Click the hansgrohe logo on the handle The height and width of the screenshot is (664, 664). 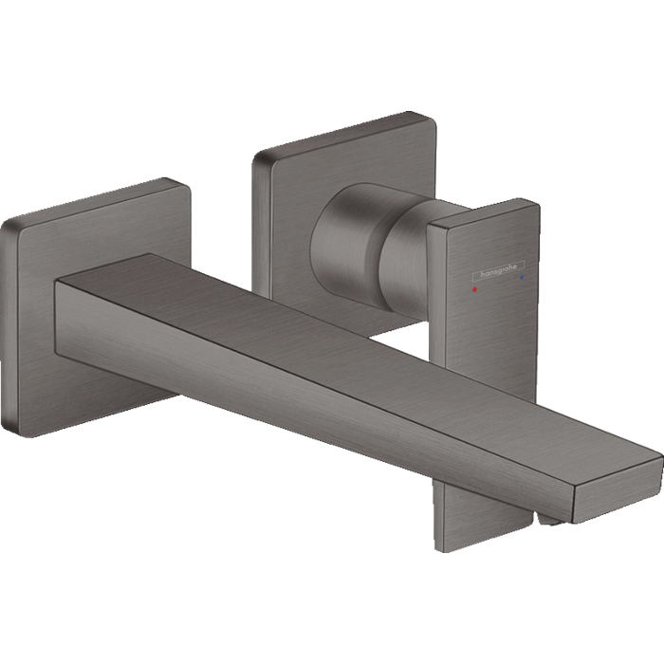tap(497, 273)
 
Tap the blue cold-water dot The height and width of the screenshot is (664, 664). tap(521, 279)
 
